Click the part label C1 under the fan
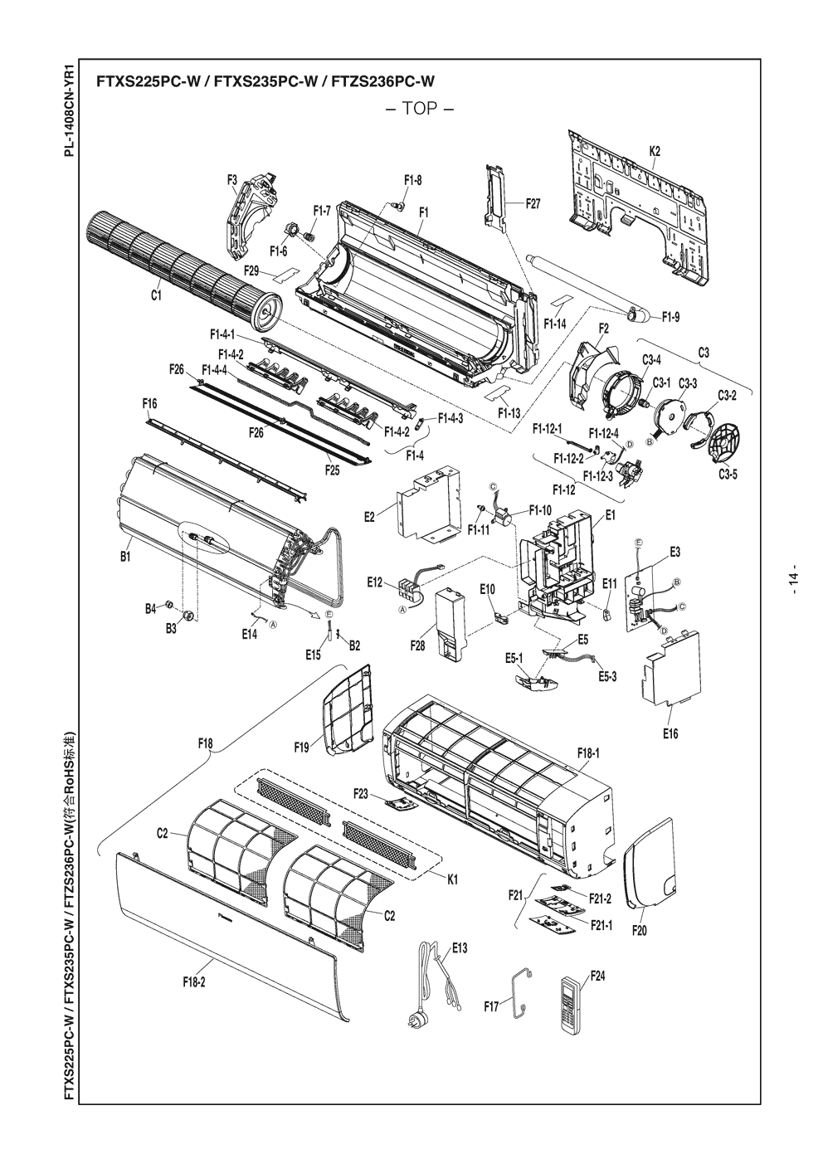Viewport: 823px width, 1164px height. click(157, 295)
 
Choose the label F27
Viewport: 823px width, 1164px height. click(533, 204)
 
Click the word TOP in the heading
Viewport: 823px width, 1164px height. click(420, 110)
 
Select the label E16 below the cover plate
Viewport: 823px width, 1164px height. click(670, 734)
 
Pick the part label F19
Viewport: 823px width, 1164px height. click(301, 748)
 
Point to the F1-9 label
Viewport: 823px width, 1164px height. click(671, 318)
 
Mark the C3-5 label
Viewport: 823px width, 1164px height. click(728, 475)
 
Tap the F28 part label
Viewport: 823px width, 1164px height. click(417, 645)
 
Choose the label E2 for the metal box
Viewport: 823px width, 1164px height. click(369, 518)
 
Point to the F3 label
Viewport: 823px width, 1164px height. click(231, 180)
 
